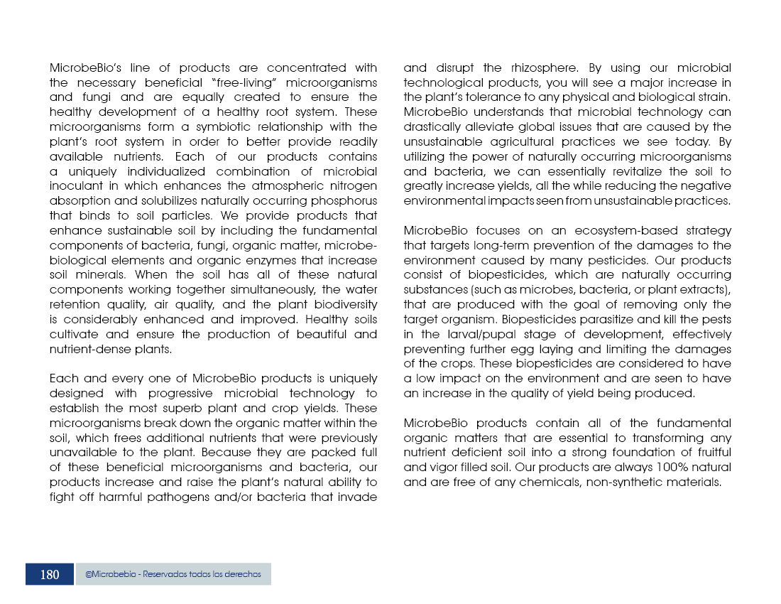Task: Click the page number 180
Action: [50, 575]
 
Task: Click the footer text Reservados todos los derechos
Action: [202, 574]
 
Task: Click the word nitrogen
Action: [353, 186]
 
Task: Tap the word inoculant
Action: [75, 186]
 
